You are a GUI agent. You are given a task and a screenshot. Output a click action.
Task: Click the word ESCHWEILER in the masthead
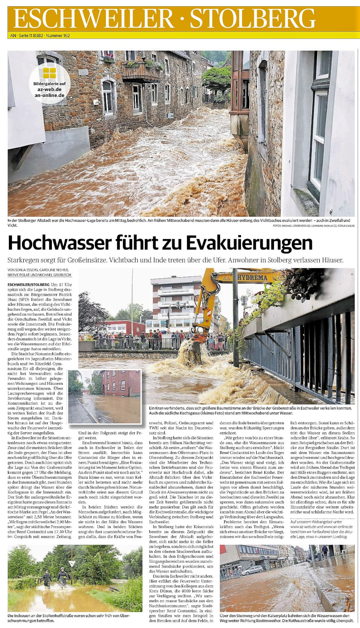point(94,19)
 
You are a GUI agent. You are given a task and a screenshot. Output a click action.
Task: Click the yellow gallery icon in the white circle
point(50,73)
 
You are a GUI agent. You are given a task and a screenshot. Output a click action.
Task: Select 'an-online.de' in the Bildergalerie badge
point(50,95)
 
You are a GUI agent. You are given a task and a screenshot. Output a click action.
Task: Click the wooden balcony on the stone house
point(141,72)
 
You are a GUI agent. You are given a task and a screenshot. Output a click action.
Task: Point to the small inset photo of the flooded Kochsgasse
point(105,397)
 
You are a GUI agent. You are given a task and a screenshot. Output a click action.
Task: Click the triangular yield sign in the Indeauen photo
point(72,564)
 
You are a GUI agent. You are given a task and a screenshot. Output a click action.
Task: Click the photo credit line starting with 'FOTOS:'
point(314,226)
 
